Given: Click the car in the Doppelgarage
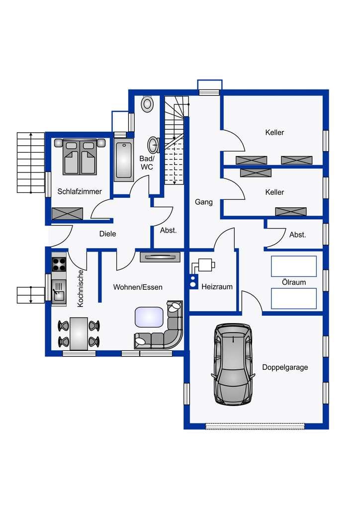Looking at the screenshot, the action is tap(233, 364).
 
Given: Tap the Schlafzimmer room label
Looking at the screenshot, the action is tap(80, 191).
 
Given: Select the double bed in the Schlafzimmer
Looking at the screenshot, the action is tap(80, 157).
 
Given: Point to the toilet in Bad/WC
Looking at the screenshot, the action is tap(147, 103).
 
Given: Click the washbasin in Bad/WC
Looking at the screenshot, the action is tap(153, 145).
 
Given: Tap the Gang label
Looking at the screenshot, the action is tap(203, 202).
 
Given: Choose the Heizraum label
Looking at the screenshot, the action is tap(217, 287).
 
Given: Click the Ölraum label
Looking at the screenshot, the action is tap(294, 282).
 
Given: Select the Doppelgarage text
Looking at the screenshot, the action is tap(285, 367).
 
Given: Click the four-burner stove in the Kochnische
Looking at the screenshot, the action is tap(59, 264).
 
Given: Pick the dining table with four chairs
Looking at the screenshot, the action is tap(79, 334).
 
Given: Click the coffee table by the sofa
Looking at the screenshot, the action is tap(149, 317).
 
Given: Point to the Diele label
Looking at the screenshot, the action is tap(107, 234).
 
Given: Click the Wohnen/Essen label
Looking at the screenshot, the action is tap(138, 287).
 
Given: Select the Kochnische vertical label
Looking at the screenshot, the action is tap(81, 288).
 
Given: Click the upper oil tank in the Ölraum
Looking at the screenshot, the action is tap(294, 266).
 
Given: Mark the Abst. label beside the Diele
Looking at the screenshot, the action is tap(168, 231).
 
